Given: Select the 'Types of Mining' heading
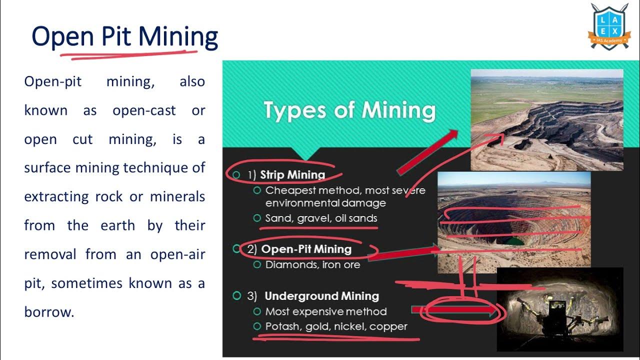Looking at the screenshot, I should (349, 110).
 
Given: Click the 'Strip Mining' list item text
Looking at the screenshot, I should (292, 175).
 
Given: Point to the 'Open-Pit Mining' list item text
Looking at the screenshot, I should (306, 249).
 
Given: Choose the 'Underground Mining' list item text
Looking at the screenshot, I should (321, 296).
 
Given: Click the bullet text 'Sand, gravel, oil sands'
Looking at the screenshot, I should (321, 218).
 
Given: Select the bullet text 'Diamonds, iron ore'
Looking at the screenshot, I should (312, 264).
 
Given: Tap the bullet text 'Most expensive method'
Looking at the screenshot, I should (326, 311).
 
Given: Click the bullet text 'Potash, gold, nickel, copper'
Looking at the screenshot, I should (336, 326).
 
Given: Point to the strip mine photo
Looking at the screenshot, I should (547, 120).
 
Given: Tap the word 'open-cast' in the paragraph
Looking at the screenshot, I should (144, 110).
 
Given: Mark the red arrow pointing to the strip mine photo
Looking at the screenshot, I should (427, 152).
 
